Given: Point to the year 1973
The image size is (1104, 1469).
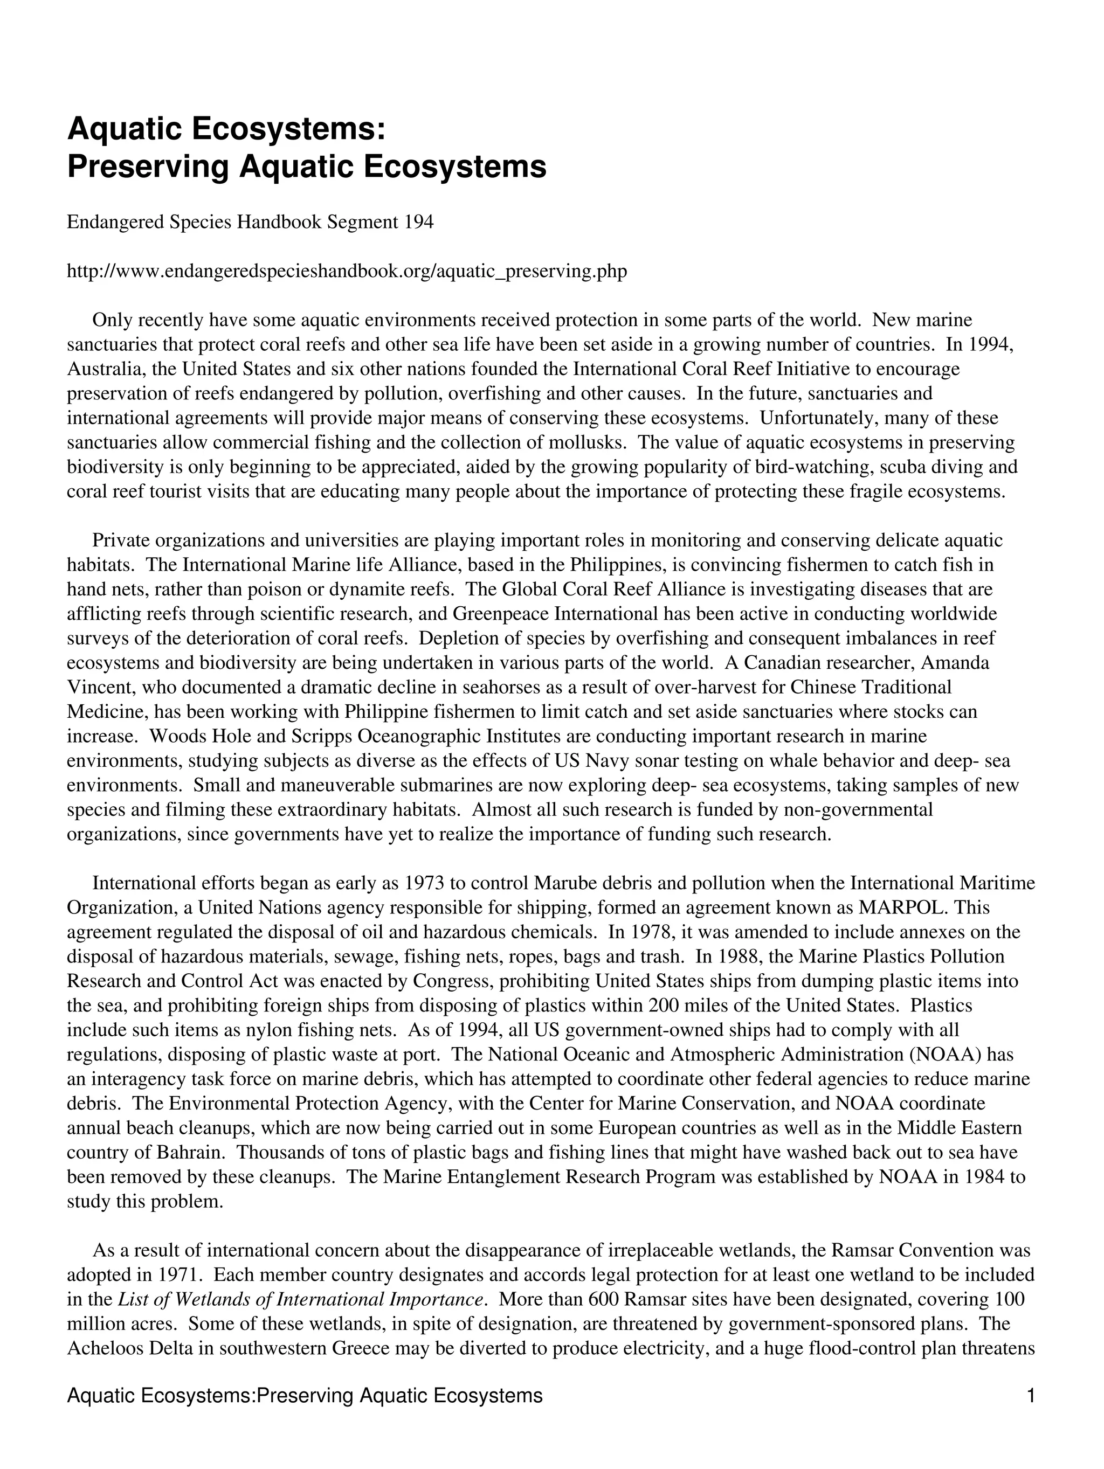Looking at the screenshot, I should tap(424, 883).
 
